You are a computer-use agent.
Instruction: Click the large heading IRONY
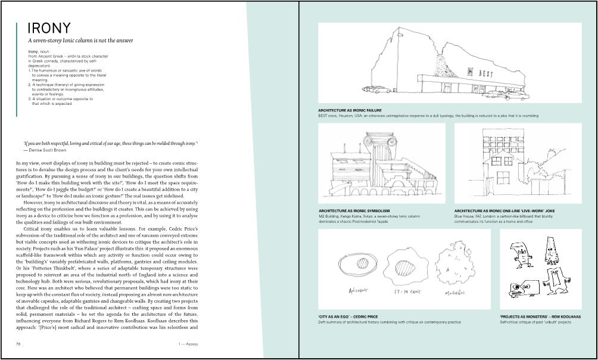click(49, 28)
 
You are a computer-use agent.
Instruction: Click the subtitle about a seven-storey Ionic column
click(80, 41)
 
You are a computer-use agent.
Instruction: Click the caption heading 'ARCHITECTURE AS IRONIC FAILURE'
click(350, 110)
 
